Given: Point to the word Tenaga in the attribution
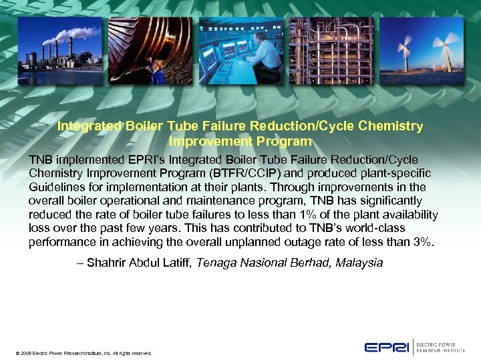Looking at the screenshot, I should [216, 263].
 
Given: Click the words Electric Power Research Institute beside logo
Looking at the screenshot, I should [442, 347].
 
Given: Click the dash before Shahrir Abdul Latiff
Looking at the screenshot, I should [81, 263].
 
